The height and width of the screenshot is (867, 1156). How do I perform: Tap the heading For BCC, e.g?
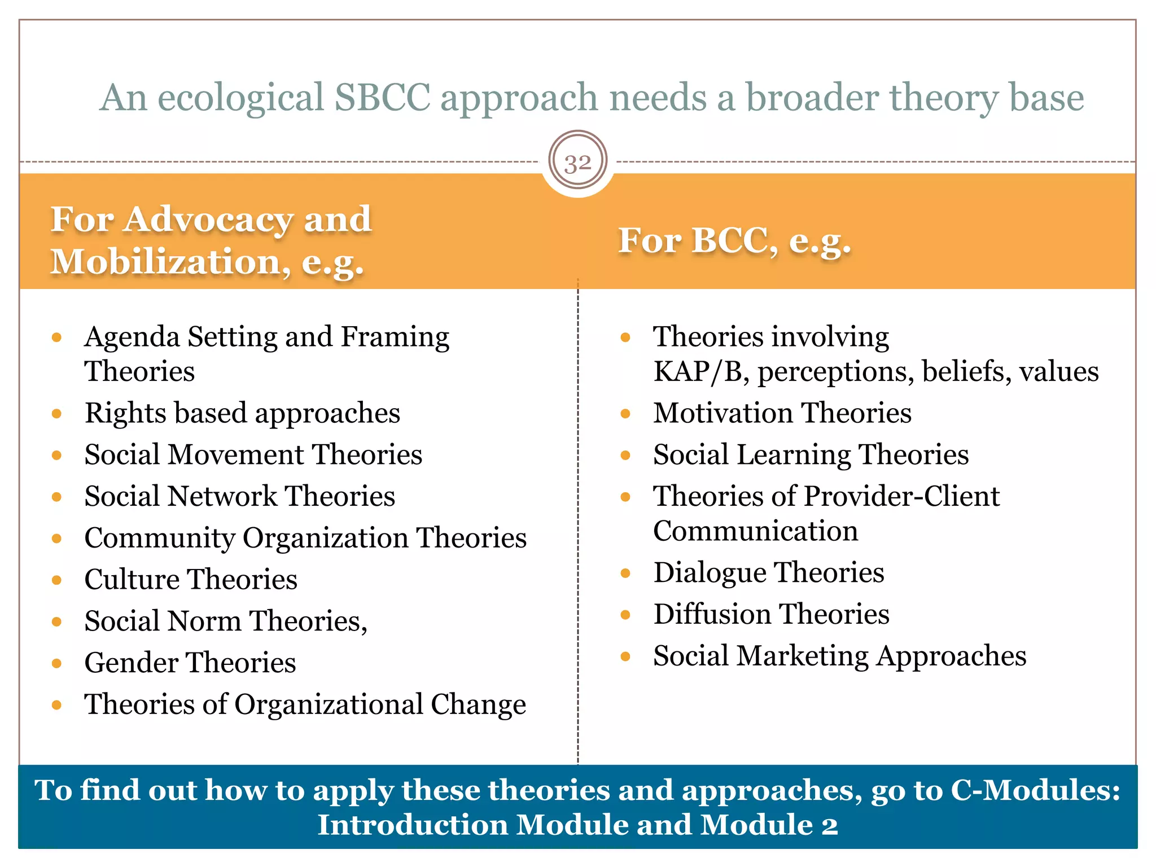point(734,241)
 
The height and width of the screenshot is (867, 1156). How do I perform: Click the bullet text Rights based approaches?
point(242,413)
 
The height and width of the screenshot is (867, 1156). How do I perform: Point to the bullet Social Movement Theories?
point(253,455)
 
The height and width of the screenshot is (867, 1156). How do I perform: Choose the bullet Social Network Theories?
point(239,497)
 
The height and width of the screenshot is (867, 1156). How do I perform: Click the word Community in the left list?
point(159,538)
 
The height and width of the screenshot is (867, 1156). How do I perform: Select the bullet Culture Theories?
point(191,580)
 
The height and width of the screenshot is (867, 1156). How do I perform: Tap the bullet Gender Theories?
point(190,663)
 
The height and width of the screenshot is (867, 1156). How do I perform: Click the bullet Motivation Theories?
point(782,413)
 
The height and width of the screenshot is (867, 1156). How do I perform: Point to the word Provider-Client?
point(901,497)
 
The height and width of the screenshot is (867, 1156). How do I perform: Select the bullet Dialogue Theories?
point(768,573)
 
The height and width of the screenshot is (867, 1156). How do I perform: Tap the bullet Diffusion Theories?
point(771,615)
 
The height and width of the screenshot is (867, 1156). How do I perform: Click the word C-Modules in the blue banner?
point(1034,790)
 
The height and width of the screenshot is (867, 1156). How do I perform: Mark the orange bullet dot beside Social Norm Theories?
point(56,622)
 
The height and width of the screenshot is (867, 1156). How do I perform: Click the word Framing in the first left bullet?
point(395,337)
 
